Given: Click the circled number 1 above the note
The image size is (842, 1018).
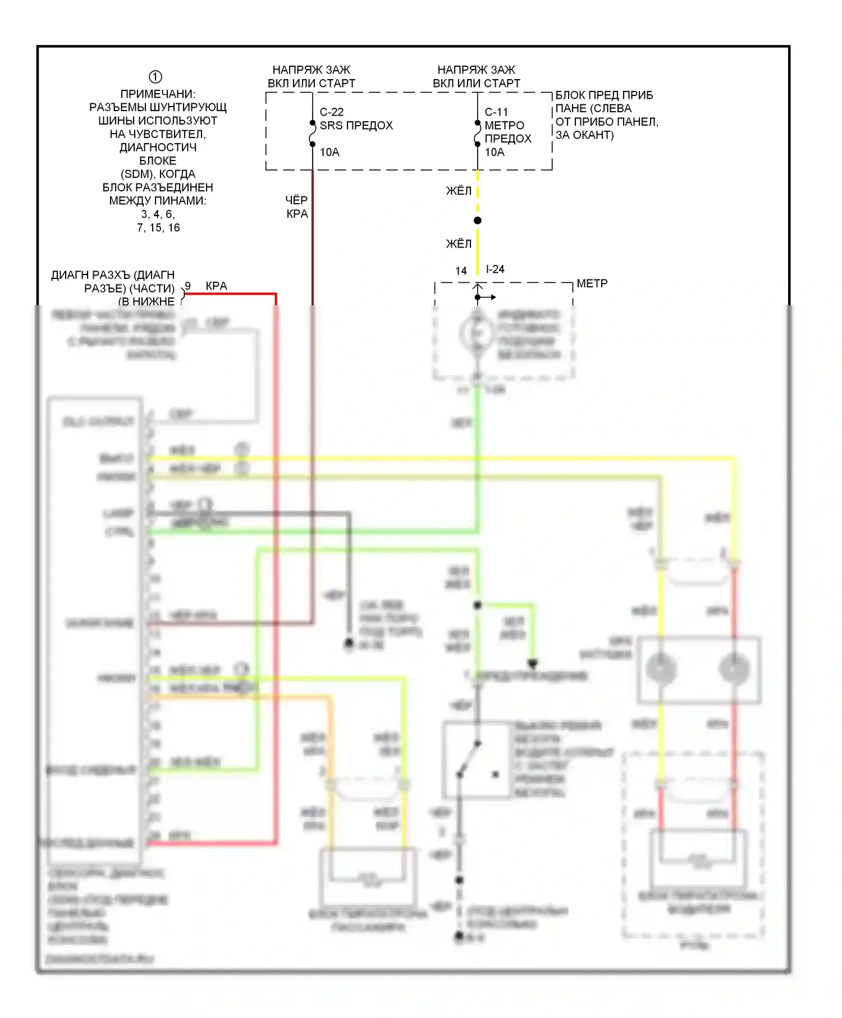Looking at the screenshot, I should pyautogui.click(x=155, y=77).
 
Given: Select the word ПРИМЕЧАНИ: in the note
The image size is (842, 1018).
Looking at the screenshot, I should pyautogui.click(x=158, y=94).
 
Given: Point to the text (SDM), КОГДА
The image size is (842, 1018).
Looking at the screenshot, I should pyautogui.click(x=158, y=174).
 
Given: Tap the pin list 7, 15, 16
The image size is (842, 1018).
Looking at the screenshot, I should pyautogui.click(x=158, y=228).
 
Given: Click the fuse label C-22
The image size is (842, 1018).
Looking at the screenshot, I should pyautogui.click(x=332, y=112).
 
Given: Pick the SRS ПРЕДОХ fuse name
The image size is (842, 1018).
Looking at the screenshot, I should pyautogui.click(x=356, y=126).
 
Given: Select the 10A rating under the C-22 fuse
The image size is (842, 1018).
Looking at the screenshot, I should pyautogui.click(x=330, y=152).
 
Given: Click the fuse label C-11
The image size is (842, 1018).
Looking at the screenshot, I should pyautogui.click(x=496, y=112).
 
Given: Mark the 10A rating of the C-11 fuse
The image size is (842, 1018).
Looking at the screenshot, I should pyautogui.click(x=495, y=152).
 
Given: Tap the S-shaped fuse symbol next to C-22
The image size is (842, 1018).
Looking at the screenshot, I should pyautogui.click(x=313, y=134).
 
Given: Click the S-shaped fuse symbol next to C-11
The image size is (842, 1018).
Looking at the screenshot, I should pyautogui.click(x=478, y=134).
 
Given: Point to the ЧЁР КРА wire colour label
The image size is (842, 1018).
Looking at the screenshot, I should pyautogui.click(x=297, y=207).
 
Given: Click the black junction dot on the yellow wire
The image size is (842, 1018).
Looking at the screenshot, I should pyautogui.click(x=478, y=221).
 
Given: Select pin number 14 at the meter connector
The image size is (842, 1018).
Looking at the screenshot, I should pyautogui.click(x=461, y=271).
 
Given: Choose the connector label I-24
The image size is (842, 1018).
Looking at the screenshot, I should pyautogui.click(x=495, y=269).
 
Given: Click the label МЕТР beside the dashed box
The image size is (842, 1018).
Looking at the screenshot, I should pyautogui.click(x=592, y=284).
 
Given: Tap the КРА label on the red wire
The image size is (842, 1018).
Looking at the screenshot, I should pyautogui.click(x=216, y=286).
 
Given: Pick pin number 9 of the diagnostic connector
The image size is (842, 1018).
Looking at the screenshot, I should pyautogui.click(x=188, y=286).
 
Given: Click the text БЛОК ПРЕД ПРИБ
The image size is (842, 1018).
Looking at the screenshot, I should pyautogui.click(x=604, y=95).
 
